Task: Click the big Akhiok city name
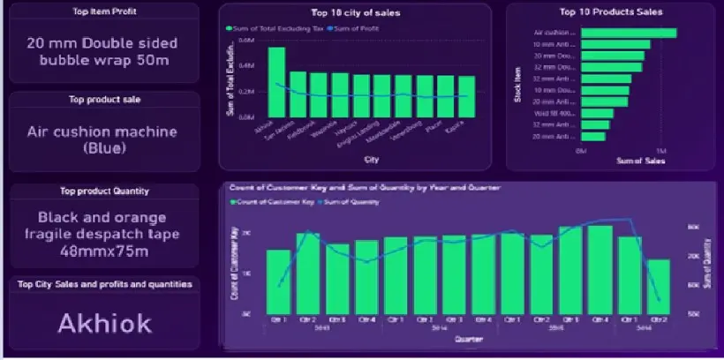coord(104,323)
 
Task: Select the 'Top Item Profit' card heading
coord(104,11)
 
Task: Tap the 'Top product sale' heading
coord(104,100)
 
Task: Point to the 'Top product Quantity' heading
coord(104,191)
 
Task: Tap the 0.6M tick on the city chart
coord(246,40)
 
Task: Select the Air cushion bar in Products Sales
coord(628,33)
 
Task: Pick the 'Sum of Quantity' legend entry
coord(353,202)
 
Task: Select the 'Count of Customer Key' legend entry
coord(262,202)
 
